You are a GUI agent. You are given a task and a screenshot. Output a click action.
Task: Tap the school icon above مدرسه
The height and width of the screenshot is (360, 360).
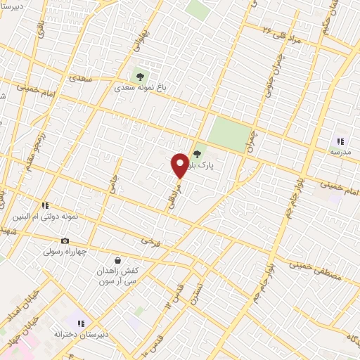point(341,141)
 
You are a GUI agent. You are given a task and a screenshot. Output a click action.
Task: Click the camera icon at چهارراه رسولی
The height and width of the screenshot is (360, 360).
point(65,240)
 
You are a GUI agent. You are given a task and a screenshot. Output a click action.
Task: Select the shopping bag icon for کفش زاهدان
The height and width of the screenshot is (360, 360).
point(117,260)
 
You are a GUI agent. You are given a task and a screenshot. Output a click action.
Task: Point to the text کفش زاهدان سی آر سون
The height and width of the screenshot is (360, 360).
point(117,276)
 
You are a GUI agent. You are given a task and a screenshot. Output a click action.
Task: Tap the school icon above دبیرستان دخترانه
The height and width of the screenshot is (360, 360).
point(82,323)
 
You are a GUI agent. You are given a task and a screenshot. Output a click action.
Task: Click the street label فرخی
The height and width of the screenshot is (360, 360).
point(150,241)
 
